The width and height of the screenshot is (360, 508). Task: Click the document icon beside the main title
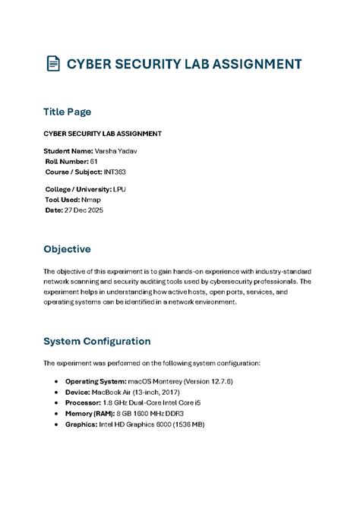coord(52,64)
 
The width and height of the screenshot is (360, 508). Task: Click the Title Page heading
coord(68,112)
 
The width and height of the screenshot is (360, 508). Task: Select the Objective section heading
coord(68,248)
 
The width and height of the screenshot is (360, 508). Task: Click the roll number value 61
coord(93,161)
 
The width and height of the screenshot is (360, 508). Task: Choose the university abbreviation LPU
coord(120,188)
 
